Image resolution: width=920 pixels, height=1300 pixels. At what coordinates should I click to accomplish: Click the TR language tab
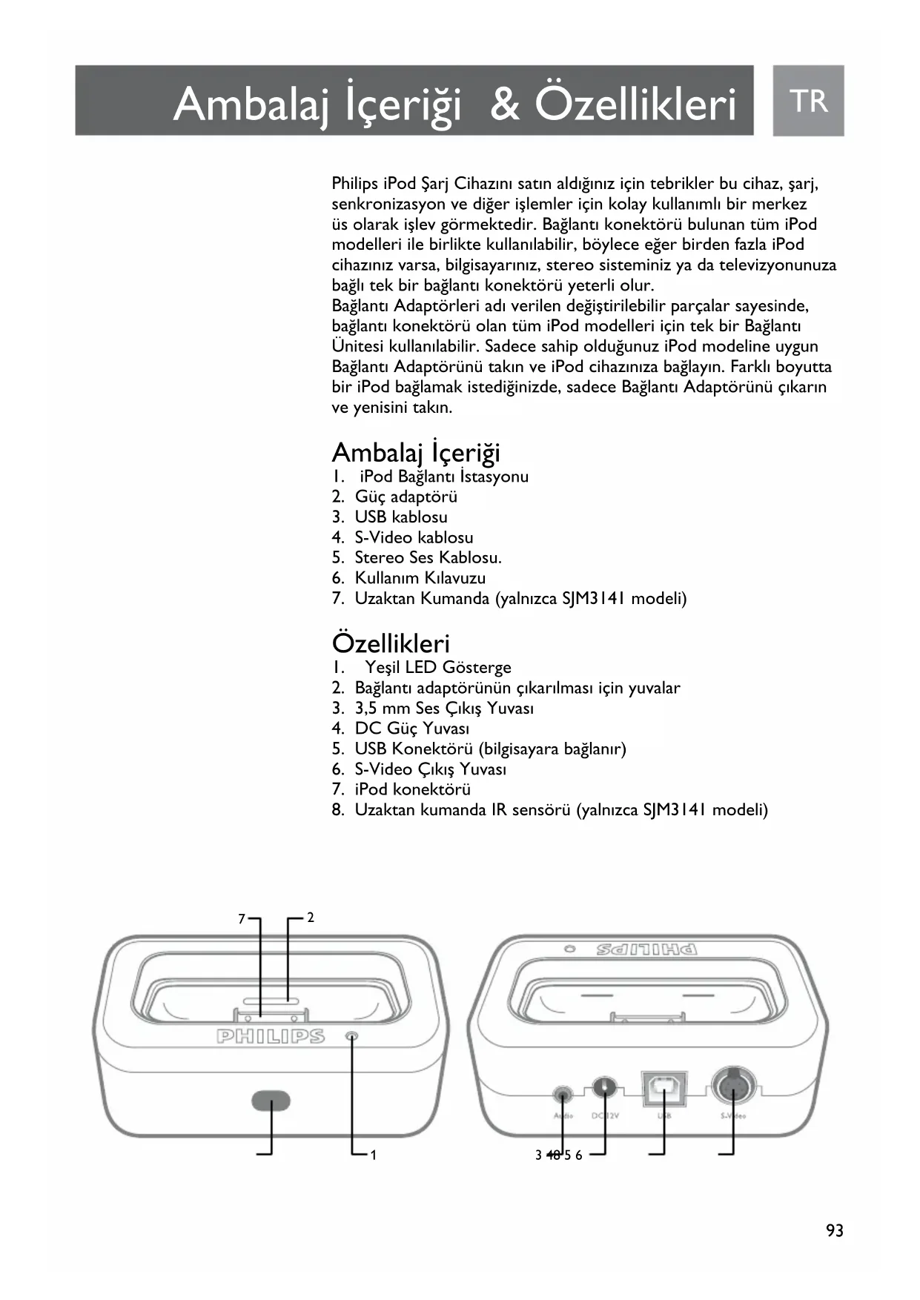tap(808, 101)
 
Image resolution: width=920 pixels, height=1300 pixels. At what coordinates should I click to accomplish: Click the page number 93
tap(835, 1231)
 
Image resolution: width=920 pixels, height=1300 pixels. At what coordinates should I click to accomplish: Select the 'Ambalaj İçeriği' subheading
tap(416, 452)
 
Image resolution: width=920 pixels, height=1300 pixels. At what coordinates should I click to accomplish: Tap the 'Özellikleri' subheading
tap(391, 643)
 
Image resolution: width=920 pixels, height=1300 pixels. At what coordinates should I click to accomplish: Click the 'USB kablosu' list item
tap(400, 517)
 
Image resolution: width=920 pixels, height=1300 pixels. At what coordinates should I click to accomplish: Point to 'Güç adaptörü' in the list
tap(406, 497)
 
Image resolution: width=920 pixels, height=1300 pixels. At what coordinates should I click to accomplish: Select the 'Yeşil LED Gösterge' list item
tap(437, 668)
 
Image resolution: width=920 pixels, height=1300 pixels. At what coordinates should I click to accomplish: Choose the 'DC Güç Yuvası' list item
tap(411, 729)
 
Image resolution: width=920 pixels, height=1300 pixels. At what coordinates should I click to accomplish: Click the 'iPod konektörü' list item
tap(412, 789)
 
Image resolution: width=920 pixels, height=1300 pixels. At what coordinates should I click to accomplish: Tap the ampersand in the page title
tap(506, 104)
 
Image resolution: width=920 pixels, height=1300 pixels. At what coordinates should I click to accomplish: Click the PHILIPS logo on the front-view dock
tap(271, 1036)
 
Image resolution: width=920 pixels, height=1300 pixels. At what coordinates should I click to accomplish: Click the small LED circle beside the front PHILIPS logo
tap(352, 1036)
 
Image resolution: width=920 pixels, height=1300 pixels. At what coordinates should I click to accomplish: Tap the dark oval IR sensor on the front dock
tap(271, 1101)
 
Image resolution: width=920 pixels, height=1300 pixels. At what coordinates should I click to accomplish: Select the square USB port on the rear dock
tap(663, 1088)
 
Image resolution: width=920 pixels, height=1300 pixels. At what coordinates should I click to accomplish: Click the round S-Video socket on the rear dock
tap(733, 1087)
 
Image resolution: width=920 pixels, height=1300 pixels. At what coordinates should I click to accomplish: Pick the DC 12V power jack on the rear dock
tap(605, 1088)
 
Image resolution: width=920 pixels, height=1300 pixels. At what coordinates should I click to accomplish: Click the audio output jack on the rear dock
tap(563, 1093)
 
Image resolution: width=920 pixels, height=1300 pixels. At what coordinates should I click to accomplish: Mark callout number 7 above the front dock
tap(242, 919)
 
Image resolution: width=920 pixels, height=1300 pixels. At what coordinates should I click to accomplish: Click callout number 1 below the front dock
tap(374, 1155)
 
